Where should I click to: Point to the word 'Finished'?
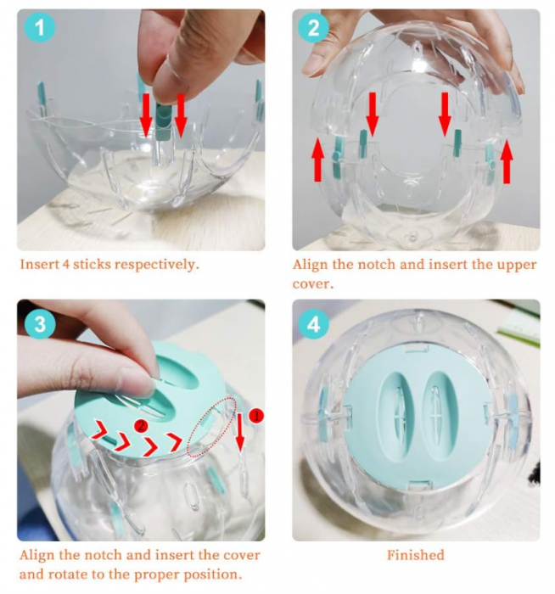(415, 555)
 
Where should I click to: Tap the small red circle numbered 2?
(143, 422)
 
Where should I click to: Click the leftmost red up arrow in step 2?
(318, 159)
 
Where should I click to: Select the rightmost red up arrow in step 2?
(507, 161)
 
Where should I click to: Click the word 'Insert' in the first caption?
(38, 264)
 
